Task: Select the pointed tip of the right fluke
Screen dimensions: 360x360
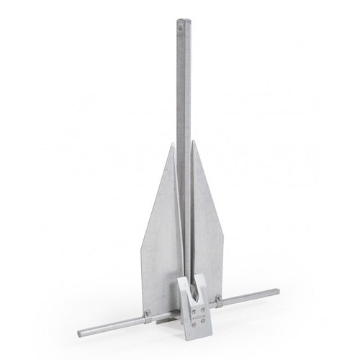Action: [x=192, y=143]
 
